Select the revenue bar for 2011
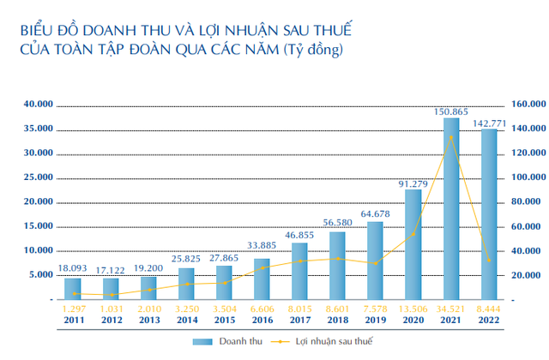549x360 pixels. click(x=73, y=289)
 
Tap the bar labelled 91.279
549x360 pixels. click(x=413, y=244)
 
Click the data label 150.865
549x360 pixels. click(x=451, y=111)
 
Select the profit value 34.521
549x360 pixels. click(x=451, y=309)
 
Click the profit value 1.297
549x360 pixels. click(x=73, y=309)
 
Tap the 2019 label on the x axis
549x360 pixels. click(x=375, y=320)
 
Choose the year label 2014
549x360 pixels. click(x=186, y=320)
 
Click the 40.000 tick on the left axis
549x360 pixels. click(x=39, y=104)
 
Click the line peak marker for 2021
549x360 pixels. click(x=451, y=137)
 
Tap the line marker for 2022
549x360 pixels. click(x=489, y=260)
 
